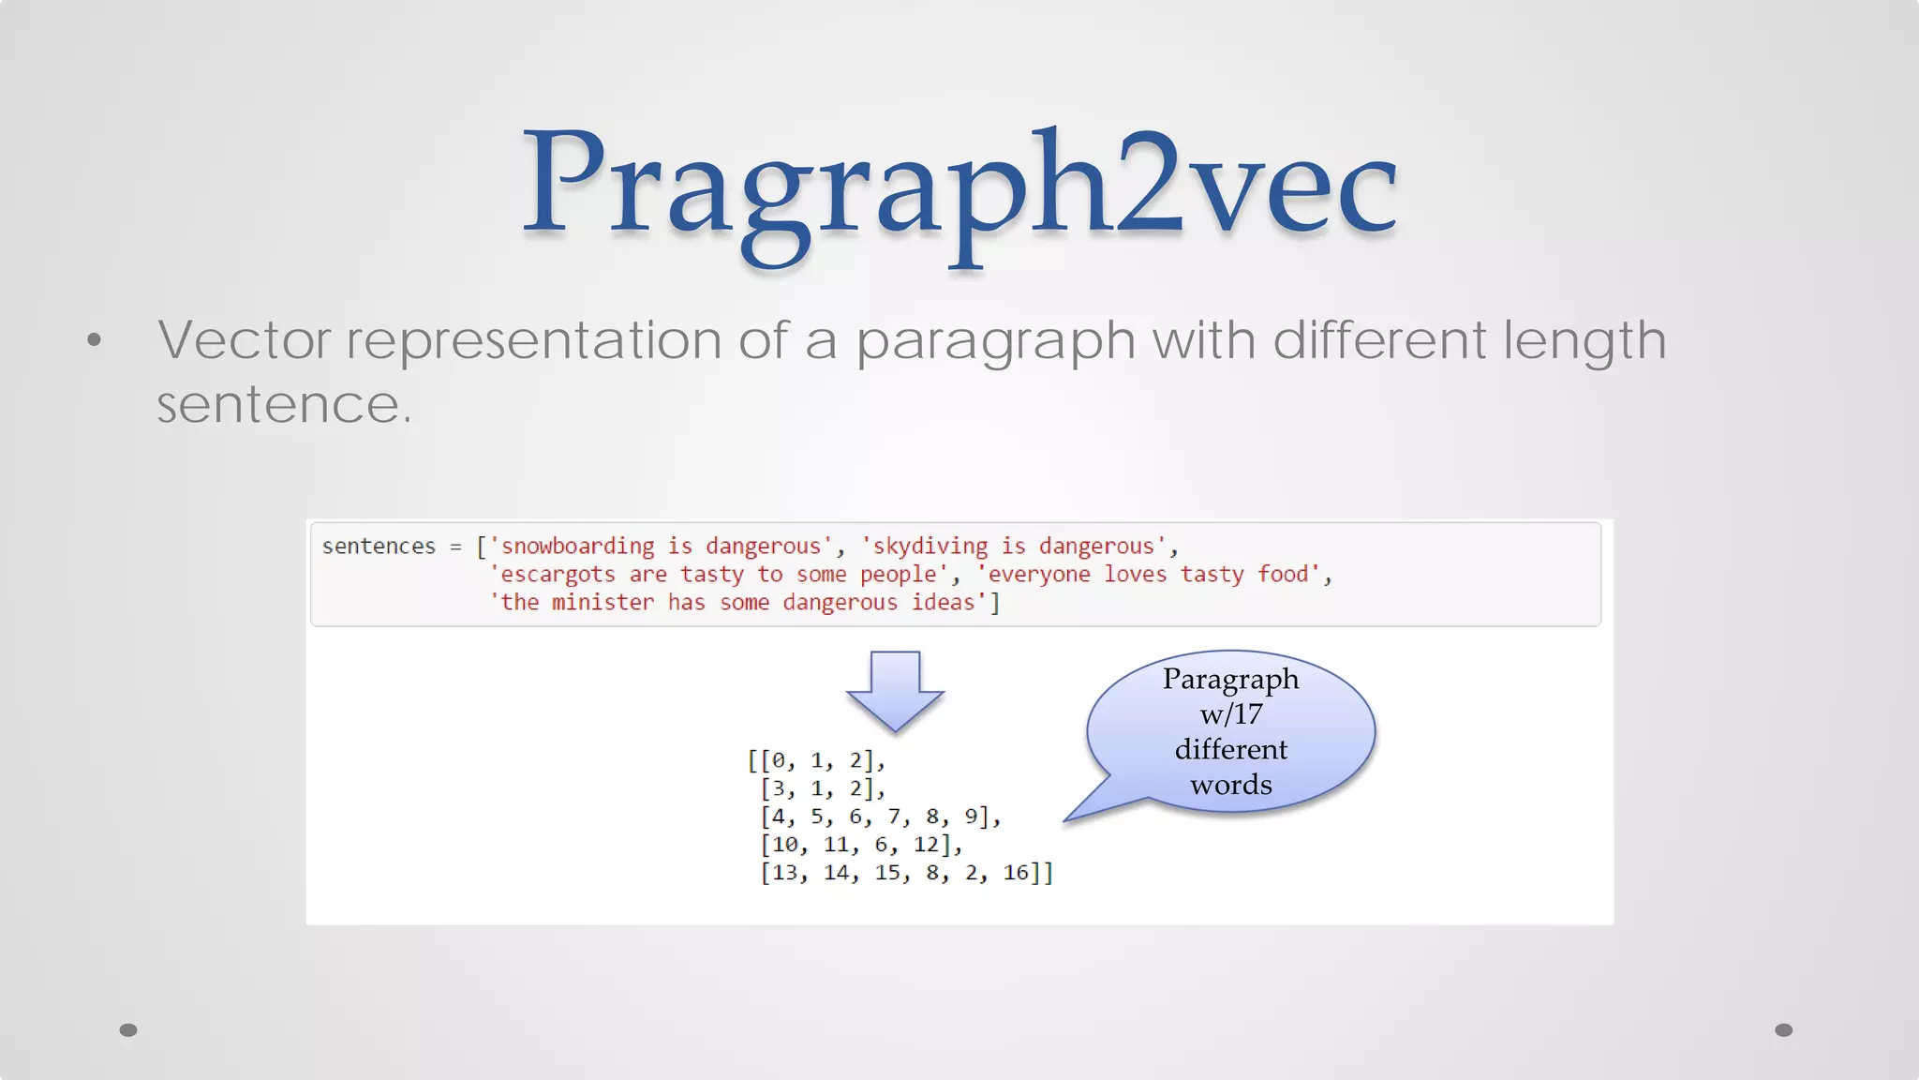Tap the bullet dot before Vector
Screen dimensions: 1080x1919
[x=94, y=339]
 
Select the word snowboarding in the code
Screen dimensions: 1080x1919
[x=577, y=546]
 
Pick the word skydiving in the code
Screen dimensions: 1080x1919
[x=930, y=546]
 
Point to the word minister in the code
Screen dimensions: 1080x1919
[x=602, y=602]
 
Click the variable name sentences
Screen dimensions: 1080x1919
[x=379, y=546]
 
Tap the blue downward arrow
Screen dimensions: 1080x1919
[x=895, y=690]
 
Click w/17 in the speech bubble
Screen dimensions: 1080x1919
[x=1230, y=714]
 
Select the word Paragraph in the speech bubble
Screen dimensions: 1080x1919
[x=1230, y=679]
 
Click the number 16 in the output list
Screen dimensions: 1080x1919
[x=1016, y=873]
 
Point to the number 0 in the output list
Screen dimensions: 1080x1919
[x=779, y=760]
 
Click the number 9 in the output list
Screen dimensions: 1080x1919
[x=972, y=817]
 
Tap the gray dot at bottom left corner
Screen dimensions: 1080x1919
[x=128, y=1030]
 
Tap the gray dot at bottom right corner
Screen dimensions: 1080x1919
[x=1784, y=1030]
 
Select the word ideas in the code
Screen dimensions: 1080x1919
[x=944, y=602]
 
